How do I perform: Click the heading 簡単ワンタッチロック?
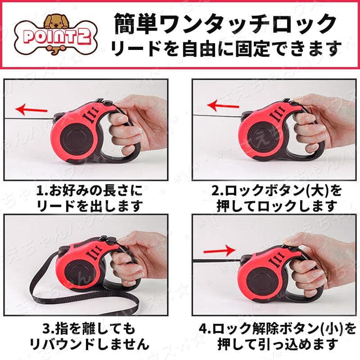[x=225, y=24]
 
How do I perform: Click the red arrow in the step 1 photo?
[x=31, y=109]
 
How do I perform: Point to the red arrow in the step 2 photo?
[x=223, y=106]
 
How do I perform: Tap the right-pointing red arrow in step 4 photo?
[x=220, y=251]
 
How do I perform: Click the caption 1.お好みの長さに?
[x=89, y=190]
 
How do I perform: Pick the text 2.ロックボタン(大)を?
[x=276, y=190]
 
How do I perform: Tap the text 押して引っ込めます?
[x=278, y=344]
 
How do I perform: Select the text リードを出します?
[x=90, y=206]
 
